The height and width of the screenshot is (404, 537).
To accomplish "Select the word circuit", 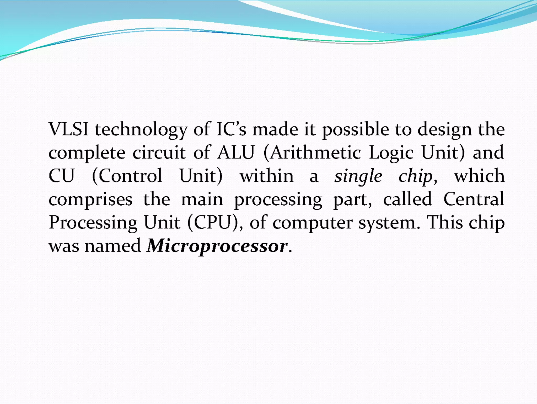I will click(x=159, y=153).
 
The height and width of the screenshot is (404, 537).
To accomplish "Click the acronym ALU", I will click(x=236, y=153).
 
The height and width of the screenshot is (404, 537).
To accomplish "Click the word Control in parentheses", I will click(x=130, y=176).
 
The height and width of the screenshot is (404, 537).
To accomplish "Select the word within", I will click(x=267, y=176).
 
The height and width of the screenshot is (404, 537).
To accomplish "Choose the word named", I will click(x=113, y=246).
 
